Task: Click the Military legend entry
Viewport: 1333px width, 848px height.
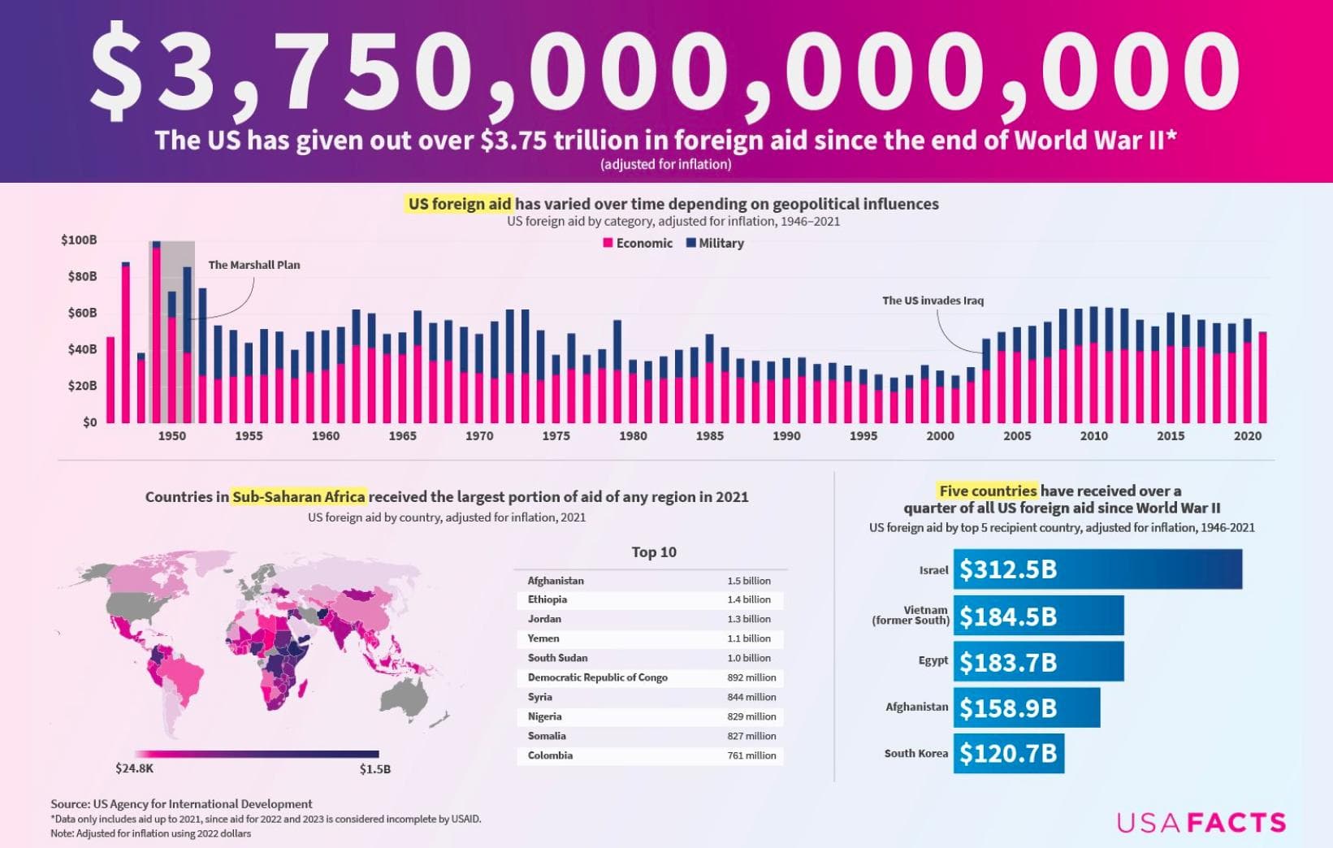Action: pyautogui.click(x=715, y=243)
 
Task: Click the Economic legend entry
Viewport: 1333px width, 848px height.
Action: pyautogui.click(x=638, y=243)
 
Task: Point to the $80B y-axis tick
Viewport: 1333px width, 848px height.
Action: pyautogui.click(x=79, y=276)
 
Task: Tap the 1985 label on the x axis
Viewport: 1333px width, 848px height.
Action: pyautogui.click(x=709, y=436)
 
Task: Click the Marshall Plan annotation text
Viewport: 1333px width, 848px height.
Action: pyautogui.click(x=253, y=265)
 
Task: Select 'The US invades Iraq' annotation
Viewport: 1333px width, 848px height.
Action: pyautogui.click(x=933, y=301)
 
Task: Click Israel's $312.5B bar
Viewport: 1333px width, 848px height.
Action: pyautogui.click(x=1097, y=569)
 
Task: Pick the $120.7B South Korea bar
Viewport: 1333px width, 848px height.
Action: pyautogui.click(x=1008, y=754)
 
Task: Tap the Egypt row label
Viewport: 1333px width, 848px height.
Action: pyautogui.click(x=933, y=660)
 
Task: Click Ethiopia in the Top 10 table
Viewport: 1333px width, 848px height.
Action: pyautogui.click(x=547, y=599)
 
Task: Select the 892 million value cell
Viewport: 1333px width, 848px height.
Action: pyautogui.click(x=751, y=677)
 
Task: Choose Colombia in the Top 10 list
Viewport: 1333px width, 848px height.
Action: pyautogui.click(x=550, y=755)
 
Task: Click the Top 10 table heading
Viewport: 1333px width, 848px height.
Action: pyautogui.click(x=654, y=552)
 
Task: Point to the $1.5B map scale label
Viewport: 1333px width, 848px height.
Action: pyautogui.click(x=374, y=769)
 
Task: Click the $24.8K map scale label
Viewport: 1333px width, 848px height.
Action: pyautogui.click(x=134, y=768)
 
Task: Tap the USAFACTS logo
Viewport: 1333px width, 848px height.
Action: pyautogui.click(x=1201, y=823)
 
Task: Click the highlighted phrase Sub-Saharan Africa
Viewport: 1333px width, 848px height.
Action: pyautogui.click(x=298, y=496)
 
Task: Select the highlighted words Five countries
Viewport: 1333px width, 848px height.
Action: pyautogui.click(x=987, y=491)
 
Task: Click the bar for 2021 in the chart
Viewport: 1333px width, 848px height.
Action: pyautogui.click(x=1262, y=378)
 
